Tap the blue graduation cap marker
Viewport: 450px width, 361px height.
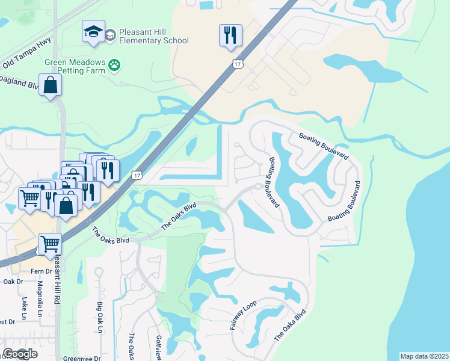pos(93,32)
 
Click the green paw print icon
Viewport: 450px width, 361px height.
pos(114,63)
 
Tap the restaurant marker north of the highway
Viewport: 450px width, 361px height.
pos(230,36)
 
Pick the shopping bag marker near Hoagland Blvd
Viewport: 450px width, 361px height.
pos(51,85)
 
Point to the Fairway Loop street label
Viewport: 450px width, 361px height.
pos(243,316)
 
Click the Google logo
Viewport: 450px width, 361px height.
pos(20,354)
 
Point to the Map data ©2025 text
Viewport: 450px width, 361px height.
pos(425,356)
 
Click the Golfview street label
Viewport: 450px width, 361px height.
pos(158,348)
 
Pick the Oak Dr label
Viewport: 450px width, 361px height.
pos(12,281)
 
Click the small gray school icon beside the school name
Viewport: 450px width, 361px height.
pos(110,36)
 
